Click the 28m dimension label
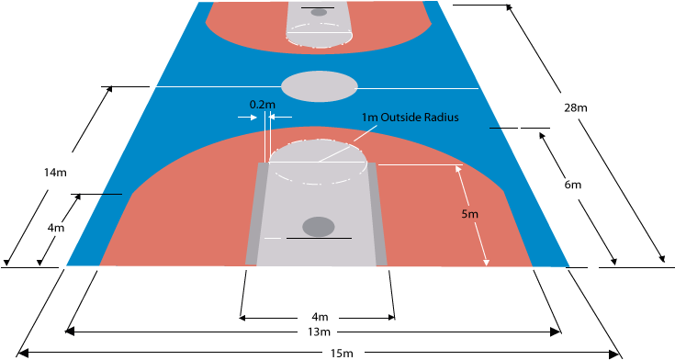pyautogui.click(x=576, y=108)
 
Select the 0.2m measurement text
pyautogui.click(x=262, y=105)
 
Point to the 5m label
pyautogui.click(x=469, y=214)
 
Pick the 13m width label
pyautogui.click(x=319, y=331)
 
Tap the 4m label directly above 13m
pyautogui.click(x=319, y=317)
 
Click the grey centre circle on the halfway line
pyautogui.click(x=319, y=85)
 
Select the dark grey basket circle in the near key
pyautogui.click(x=319, y=226)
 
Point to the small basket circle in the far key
pyautogui.click(x=319, y=12)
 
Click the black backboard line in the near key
pyautogui.click(x=318, y=239)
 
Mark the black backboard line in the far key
pyautogui.click(x=318, y=7)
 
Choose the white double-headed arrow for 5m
pyautogui.click(x=471, y=217)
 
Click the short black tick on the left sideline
pyautogui.click(x=112, y=195)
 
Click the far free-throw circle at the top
pyautogui.click(x=319, y=35)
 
